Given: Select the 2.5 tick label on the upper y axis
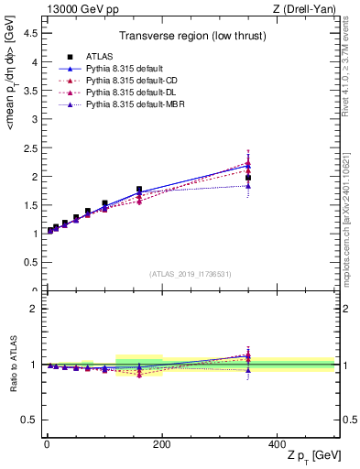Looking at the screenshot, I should click(31, 147).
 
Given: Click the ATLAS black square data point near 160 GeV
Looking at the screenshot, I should click(139, 190).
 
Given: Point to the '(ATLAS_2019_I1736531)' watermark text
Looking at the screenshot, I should click(191, 273).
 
